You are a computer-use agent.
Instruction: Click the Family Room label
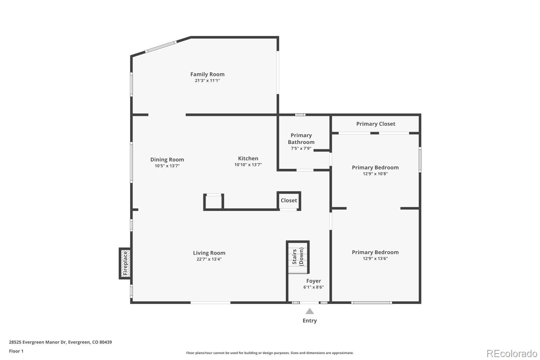tap(207, 74)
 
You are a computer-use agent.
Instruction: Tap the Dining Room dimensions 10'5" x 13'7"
tap(167, 166)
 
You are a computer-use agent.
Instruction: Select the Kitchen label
tap(248, 158)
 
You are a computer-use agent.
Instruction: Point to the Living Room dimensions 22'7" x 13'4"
tap(209, 259)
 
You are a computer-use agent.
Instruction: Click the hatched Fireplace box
tap(125, 263)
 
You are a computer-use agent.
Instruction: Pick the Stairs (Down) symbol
tap(298, 257)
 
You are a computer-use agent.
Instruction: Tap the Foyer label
tap(314, 281)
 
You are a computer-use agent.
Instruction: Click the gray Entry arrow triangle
tap(310, 311)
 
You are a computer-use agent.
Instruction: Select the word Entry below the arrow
tap(310, 321)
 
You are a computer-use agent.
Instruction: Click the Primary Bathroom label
tap(301, 139)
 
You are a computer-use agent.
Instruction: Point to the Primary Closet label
tap(375, 124)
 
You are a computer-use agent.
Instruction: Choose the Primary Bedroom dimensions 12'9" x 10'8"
tap(375, 174)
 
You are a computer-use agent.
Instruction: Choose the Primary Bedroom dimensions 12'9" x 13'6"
tap(375, 258)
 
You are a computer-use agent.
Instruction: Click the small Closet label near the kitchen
tap(289, 201)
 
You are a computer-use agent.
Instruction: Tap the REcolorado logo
tap(512, 353)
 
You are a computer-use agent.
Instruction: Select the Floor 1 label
tap(16, 351)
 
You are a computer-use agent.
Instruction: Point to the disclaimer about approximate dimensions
tap(270, 353)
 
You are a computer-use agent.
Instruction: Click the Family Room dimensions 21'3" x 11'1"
tap(207, 81)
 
